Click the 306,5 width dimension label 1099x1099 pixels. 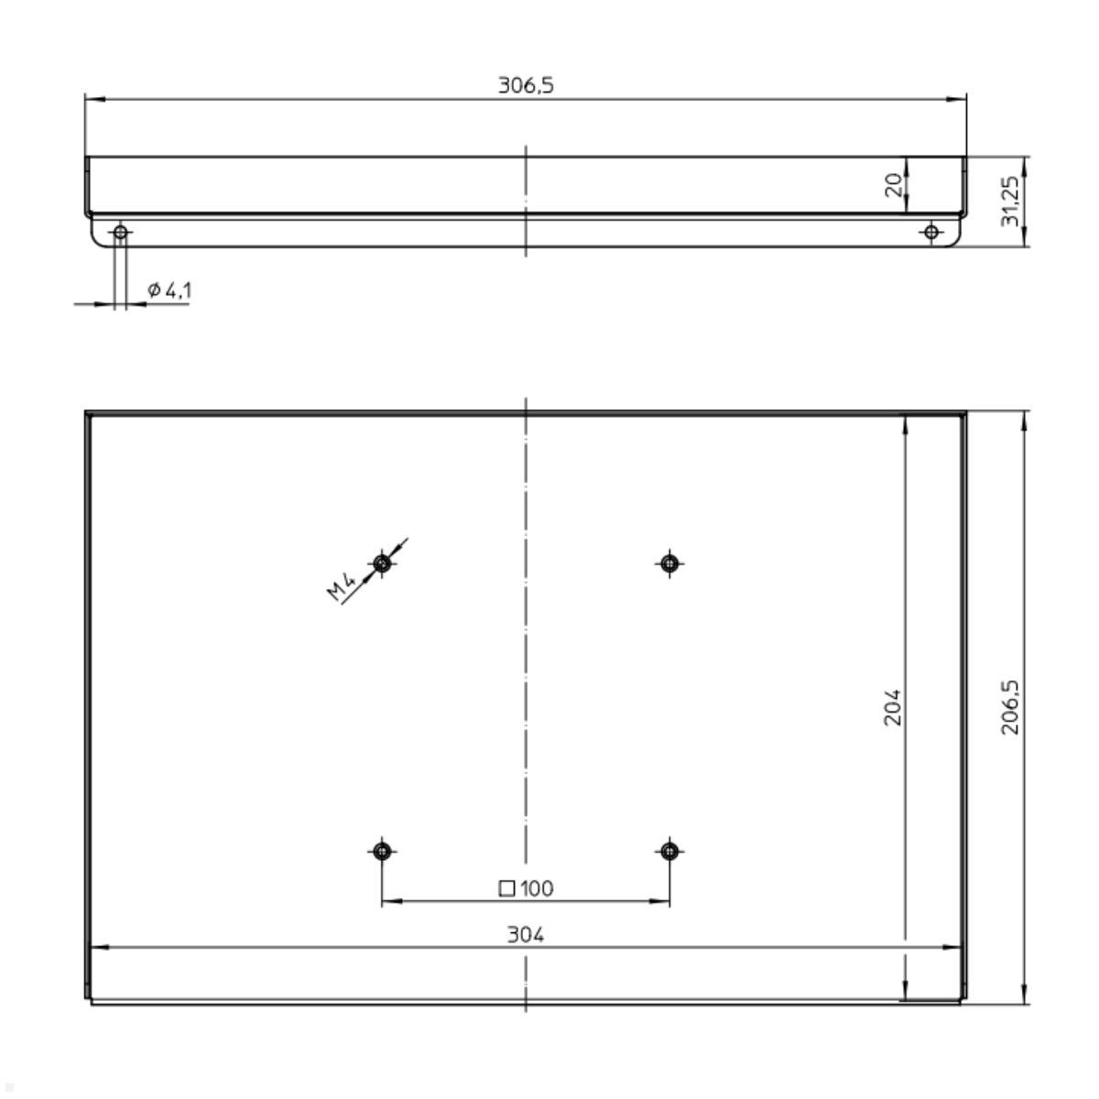[526, 86]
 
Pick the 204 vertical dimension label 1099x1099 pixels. [893, 707]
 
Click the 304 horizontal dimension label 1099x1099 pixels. [526, 935]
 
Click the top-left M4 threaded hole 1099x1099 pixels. [382, 562]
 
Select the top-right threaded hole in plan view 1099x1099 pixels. [669, 562]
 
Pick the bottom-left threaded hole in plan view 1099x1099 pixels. [382, 852]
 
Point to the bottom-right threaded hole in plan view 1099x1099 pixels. [669, 852]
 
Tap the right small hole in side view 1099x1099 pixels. [931, 232]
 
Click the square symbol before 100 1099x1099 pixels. [506, 887]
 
